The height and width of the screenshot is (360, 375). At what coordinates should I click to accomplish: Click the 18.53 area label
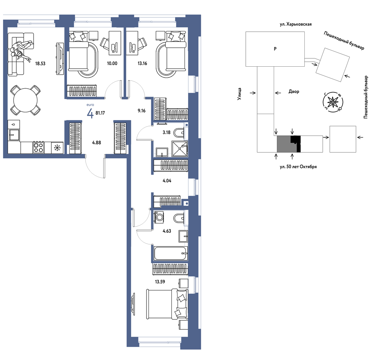pyautogui.click(x=40, y=64)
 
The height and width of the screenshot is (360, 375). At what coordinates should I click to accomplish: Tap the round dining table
pyautogui.click(x=25, y=100)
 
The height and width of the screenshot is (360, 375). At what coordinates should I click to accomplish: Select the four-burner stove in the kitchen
pyautogui.click(x=39, y=147)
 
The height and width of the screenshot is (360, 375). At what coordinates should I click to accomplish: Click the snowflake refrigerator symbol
pyautogui.click(x=57, y=148)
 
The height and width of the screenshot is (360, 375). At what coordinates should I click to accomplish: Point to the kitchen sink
pyautogui.click(x=14, y=135)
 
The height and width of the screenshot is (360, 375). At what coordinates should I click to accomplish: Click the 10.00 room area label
pyautogui.click(x=112, y=63)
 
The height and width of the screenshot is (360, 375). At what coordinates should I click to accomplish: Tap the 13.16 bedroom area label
pyautogui.click(x=142, y=63)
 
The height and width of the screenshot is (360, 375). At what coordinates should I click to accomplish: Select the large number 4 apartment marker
pyautogui.click(x=90, y=113)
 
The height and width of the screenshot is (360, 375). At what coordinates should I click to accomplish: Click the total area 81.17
pyautogui.click(x=100, y=113)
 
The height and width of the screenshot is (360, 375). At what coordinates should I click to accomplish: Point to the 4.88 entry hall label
pyautogui.click(x=97, y=143)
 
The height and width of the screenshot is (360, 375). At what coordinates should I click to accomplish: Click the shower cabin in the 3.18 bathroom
pyautogui.click(x=180, y=149)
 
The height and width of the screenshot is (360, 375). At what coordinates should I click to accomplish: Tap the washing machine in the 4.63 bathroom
pyautogui.click(x=159, y=217)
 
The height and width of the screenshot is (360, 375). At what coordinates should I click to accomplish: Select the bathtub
pyautogui.click(x=171, y=253)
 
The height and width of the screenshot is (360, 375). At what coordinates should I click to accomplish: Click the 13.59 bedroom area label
pyautogui.click(x=160, y=282)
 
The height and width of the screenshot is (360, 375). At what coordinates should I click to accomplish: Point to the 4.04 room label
pyautogui.click(x=167, y=181)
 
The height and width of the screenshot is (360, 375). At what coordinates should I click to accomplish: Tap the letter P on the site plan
pyautogui.click(x=275, y=49)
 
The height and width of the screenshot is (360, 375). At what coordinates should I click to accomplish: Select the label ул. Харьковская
pyautogui.click(x=296, y=24)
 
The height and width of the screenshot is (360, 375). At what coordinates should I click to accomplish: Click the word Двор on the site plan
pyautogui.click(x=294, y=92)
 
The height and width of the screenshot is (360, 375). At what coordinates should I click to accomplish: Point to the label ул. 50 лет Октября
pyautogui.click(x=298, y=167)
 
